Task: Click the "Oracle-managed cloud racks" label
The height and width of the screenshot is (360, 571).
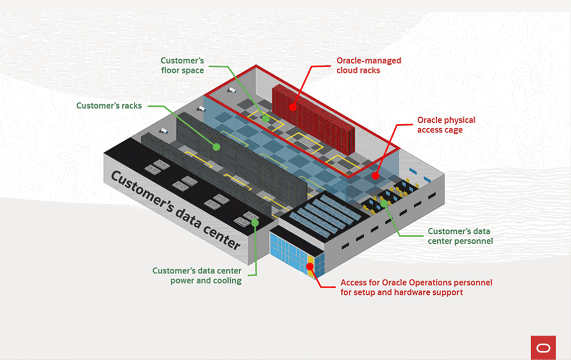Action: click(369, 66)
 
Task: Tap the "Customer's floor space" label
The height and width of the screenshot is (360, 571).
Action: click(182, 66)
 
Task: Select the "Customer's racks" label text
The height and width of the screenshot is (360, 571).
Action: click(109, 106)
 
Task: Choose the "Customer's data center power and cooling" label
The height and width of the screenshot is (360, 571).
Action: click(197, 275)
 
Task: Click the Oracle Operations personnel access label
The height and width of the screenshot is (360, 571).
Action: click(416, 287)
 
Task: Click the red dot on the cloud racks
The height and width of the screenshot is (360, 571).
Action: click(293, 106)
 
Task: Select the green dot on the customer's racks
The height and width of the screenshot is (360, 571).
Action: click(216, 147)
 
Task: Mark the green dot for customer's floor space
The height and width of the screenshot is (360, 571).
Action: click(266, 118)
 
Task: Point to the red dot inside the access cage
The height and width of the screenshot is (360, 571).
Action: click(376, 176)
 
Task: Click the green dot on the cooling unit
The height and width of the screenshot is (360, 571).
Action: click(255, 222)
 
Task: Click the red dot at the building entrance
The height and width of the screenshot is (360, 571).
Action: click(310, 267)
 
